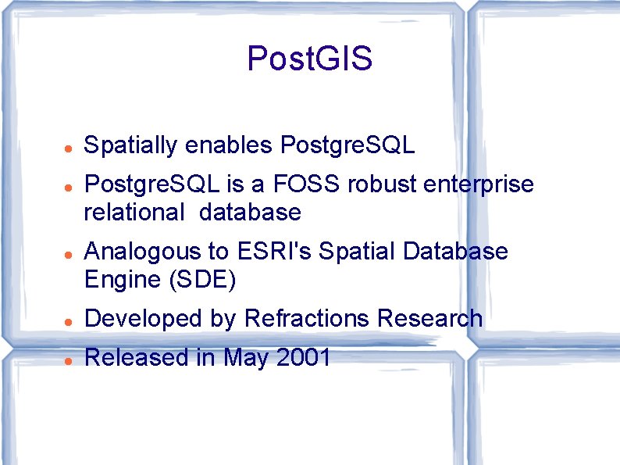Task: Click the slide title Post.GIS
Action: pyautogui.click(x=309, y=59)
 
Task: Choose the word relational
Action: pyautogui.click(x=135, y=212)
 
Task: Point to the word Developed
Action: pyautogui.click(x=136, y=319)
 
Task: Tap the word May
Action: pyautogui.click(x=244, y=358)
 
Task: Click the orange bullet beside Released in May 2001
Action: pyautogui.click(x=69, y=360)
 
